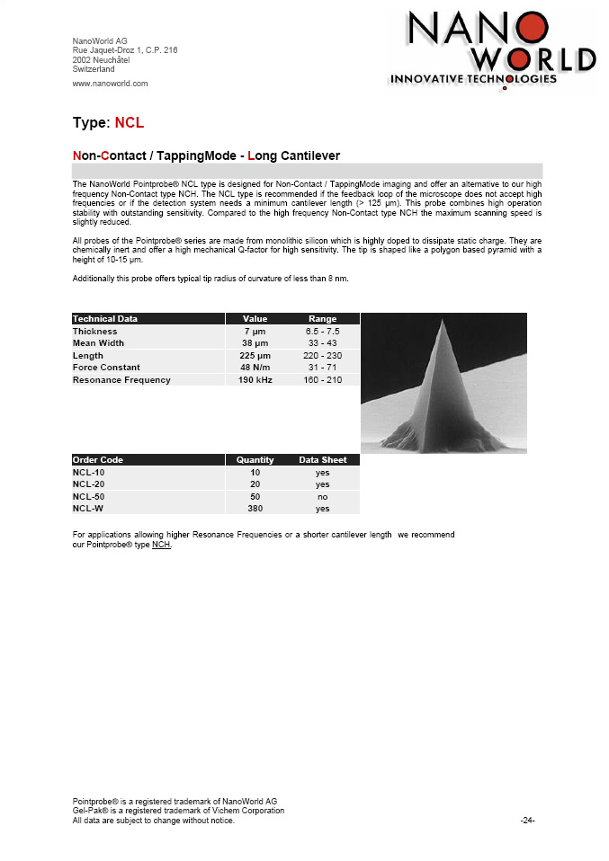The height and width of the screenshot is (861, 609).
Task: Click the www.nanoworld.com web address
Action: click(110, 84)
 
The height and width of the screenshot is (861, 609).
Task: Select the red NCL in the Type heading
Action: click(130, 122)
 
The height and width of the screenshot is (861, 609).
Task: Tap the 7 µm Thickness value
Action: click(254, 332)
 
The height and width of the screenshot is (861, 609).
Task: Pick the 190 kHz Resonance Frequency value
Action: click(255, 380)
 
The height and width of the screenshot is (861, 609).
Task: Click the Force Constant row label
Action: click(107, 368)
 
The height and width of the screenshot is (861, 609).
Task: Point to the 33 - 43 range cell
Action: click(323, 343)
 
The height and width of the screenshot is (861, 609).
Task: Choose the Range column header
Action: click(323, 319)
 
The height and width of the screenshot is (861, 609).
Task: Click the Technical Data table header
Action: click(105, 319)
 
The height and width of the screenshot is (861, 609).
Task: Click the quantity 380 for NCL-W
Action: click(255, 509)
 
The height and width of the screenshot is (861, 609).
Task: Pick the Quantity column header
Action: click(255, 460)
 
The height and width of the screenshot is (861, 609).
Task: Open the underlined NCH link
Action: click(161, 545)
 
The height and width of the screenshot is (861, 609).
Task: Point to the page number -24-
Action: click(528, 821)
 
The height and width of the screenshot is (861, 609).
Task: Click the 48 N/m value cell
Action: click(255, 368)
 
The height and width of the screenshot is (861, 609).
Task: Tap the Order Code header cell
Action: click(98, 460)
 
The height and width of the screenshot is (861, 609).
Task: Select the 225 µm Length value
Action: click(255, 356)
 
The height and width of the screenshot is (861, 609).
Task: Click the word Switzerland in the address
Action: click(94, 68)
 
